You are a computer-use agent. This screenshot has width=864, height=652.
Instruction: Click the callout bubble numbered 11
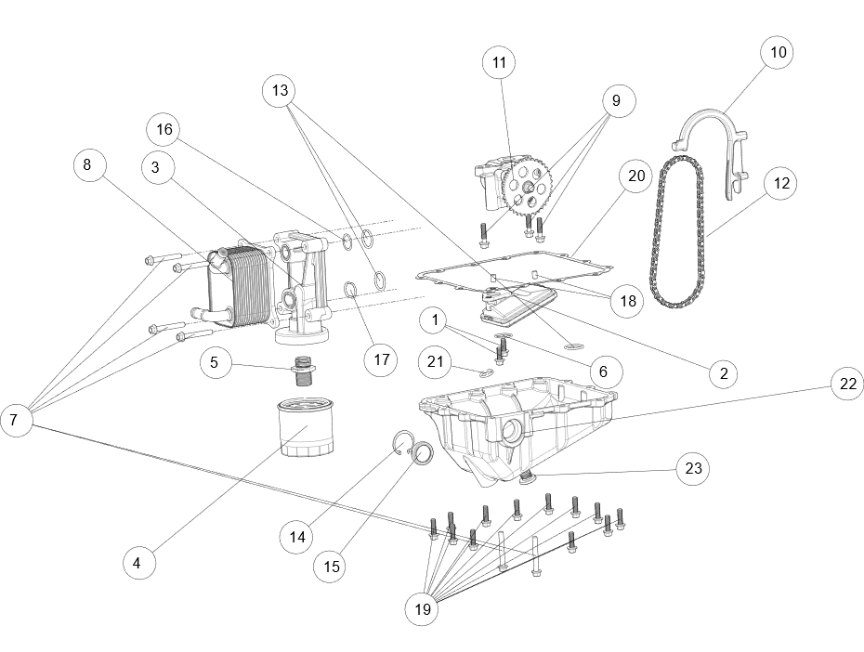[x=499, y=63]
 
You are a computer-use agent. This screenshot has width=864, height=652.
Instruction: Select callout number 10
[x=778, y=52]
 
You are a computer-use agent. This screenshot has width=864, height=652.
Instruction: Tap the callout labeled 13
[x=278, y=91]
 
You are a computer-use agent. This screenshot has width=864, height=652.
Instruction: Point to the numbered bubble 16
[x=164, y=129]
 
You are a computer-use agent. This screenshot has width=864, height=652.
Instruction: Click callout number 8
[x=89, y=165]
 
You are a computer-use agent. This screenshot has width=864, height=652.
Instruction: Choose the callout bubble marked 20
[x=636, y=176]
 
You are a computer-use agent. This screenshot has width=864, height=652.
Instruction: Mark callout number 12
[x=781, y=184]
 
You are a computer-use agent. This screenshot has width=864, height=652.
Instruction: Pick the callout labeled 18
[x=628, y=301]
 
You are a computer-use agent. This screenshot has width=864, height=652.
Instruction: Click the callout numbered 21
[x=435, y=361]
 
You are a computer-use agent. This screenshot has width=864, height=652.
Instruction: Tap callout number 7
[x=15, y=420]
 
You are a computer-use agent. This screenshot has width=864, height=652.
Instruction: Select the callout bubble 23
[x=693, y=469]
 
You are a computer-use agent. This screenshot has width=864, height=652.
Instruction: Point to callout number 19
[x=422, y=610]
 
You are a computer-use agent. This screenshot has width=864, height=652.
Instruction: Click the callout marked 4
[x=137, y=563]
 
